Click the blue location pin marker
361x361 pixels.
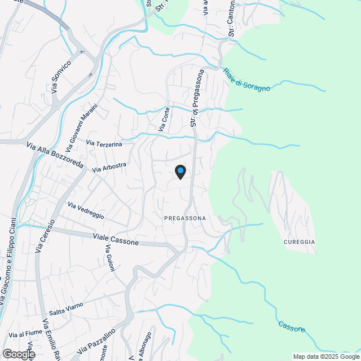[x=180, y=171]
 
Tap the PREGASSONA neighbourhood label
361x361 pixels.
[x=184, y=218]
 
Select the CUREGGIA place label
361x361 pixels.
[x=298, y=242]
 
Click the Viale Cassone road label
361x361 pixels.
[x=115, y=239]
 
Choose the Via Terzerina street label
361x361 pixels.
[x=104, y=145]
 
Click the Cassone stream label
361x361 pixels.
[x=292, y=326]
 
